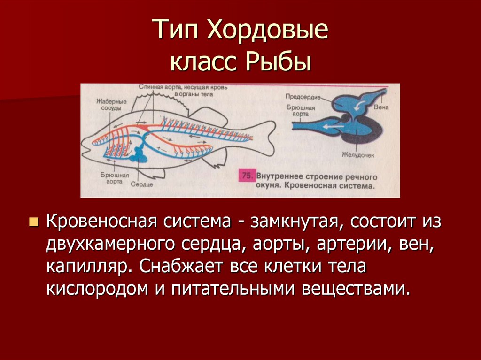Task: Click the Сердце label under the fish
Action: tap(142, 184)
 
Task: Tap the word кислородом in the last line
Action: tap(96, 289)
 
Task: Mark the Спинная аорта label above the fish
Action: tap(155, 88)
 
